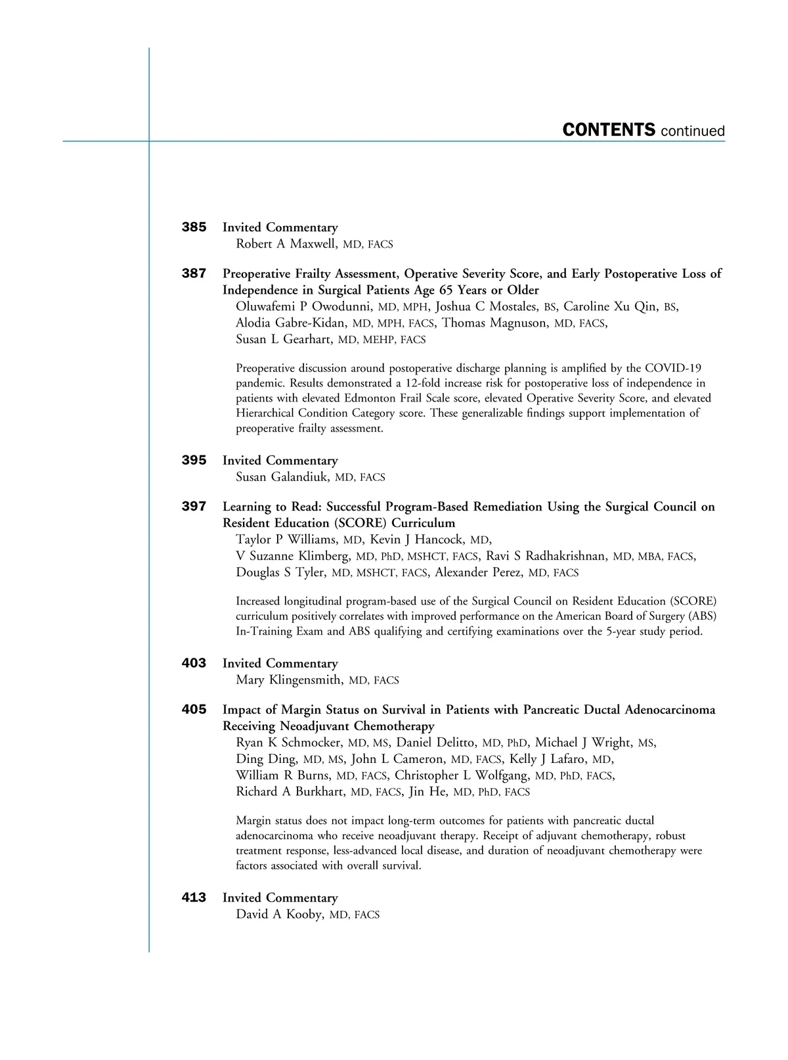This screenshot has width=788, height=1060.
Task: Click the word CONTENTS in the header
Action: tap(609, 129)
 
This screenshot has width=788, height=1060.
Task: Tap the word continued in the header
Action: tap(693, 131)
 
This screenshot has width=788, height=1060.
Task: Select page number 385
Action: tap(194, 227)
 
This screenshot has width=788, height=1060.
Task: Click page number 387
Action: tap(194, 273)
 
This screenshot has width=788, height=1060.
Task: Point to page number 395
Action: tap(194, 461)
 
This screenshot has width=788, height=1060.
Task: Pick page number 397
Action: tap(194, 507)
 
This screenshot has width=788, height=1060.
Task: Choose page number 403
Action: tap(194, 664)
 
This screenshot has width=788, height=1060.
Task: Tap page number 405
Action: tap(194, 710)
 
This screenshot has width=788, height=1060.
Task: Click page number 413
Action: tap(194, 898)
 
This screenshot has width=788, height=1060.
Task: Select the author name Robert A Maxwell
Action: tap(287, 244)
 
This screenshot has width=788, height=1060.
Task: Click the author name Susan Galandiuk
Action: tap(282, 477)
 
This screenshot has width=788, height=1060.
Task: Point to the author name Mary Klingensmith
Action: tap(289, 680)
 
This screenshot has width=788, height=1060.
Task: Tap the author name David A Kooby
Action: tap(280, 914)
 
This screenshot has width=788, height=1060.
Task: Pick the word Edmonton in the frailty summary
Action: tap(364, 398)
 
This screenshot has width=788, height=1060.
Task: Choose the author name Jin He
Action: tap(427, 792)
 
